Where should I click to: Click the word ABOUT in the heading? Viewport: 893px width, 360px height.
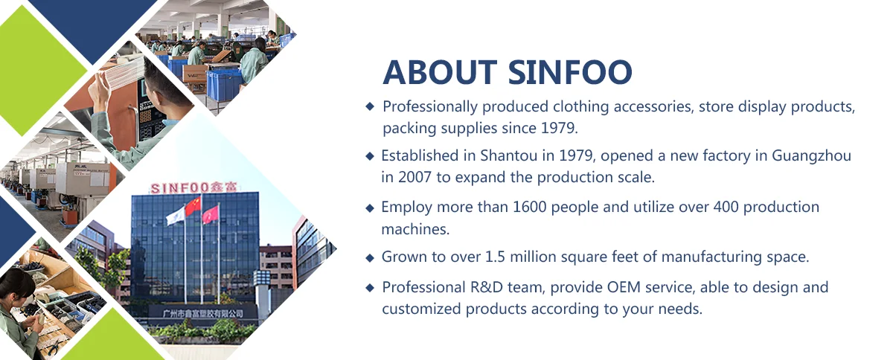440,72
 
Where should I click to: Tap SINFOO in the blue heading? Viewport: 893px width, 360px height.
571,72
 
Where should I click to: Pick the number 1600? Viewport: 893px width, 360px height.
533,207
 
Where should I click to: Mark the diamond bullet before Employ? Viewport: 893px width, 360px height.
370,208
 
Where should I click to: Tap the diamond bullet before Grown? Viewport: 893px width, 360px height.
370,258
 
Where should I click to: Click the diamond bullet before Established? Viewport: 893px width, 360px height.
370,156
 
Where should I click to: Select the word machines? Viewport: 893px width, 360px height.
415,229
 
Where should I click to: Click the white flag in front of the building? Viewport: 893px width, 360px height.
175,216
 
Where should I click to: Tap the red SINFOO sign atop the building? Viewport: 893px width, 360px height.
196,187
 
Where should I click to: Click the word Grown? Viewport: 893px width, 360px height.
403,257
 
